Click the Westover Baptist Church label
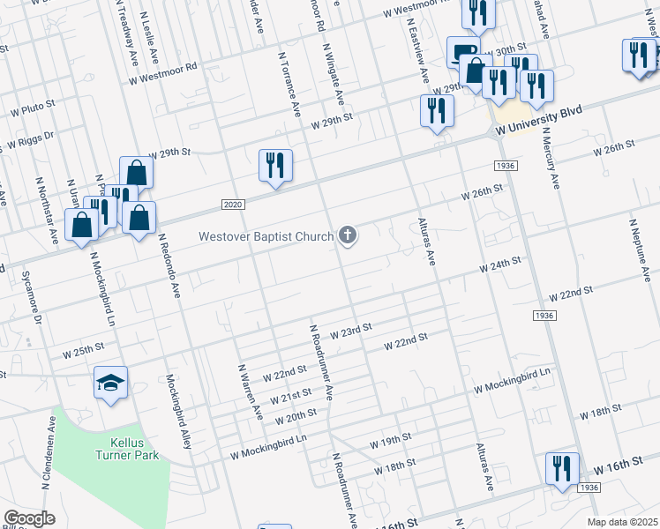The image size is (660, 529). coord(266,236)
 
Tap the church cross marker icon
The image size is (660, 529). coord(349,235)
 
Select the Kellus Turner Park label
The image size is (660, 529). coord(128,446)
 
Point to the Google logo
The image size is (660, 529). coord(29,518)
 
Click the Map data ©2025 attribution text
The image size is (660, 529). coord(622,522)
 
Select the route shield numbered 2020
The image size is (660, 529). coord(232,205)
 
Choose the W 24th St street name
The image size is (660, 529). coord(500,264)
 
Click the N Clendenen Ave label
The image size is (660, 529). coord(48,464)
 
